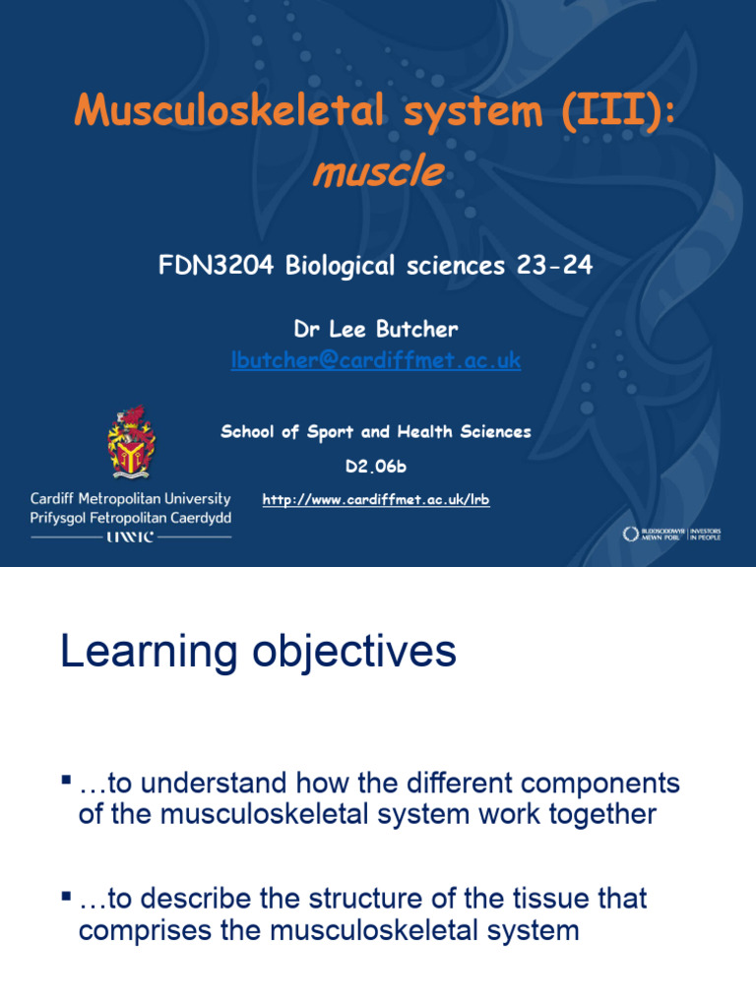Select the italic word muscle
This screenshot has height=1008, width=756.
[377, 172]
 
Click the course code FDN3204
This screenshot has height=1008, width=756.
[217, 266]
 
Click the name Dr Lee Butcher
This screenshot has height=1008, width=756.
[376, 330]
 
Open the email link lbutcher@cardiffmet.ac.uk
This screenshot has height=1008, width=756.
[376, 361]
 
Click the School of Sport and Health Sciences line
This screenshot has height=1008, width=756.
[376, 431]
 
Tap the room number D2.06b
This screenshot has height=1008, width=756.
[376, 467]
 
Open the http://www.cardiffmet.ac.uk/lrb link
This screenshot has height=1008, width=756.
[376, 500]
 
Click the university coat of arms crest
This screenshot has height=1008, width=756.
[131, 442]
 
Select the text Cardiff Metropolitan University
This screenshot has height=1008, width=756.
[131, 499]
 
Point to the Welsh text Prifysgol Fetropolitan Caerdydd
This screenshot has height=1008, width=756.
[131, 518]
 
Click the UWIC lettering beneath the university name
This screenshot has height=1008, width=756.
[131, 537]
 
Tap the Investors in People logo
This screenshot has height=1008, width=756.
[672, 534]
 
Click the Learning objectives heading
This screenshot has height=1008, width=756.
[258, 653]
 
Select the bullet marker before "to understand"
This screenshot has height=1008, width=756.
[66, 781]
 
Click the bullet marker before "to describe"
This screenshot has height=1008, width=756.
[66, 896]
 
